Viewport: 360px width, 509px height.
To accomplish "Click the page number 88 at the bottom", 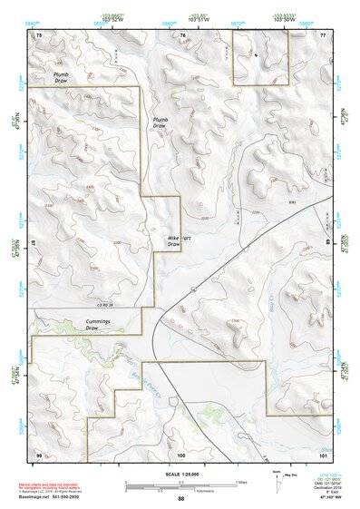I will [180, 499].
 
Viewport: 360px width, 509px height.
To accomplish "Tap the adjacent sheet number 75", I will [38, 34].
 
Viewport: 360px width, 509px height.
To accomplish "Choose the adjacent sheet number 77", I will [323, 34].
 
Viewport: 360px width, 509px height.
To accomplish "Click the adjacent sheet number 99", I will [38, 453].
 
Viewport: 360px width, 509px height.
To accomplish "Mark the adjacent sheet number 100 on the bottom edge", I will [180, 453].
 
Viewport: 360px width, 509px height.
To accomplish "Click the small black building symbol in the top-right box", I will [257, 54].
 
